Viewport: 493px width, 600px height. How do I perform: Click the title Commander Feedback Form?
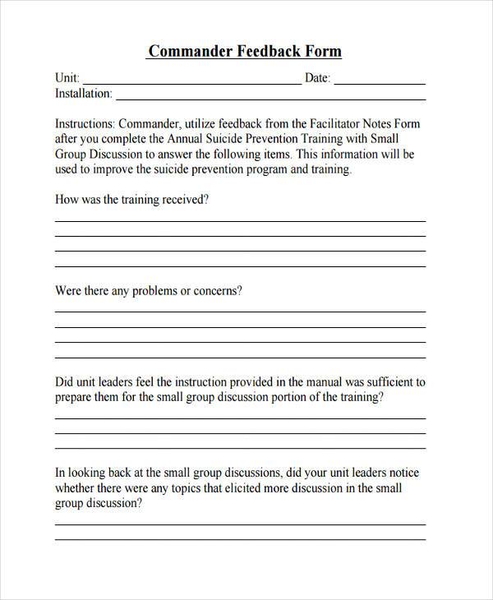tap(244, 51)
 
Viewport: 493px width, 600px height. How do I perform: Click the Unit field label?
tap(66, 78)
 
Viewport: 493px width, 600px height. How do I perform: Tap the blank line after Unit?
tap(191, 82)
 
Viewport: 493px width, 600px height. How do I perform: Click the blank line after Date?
tap(380, 82)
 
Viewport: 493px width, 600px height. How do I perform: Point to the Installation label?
tap(83, 94)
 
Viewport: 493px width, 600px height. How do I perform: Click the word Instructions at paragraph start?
tap(85, 124)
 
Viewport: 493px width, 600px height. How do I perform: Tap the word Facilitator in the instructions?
tap(329, 124)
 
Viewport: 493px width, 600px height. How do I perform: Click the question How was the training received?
tap(131, 200)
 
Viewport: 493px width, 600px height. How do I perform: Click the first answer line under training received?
tap(240, 221)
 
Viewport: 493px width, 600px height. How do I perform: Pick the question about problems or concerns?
tap(148, 291)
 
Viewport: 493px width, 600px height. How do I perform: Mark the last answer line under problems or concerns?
tap(240, 358)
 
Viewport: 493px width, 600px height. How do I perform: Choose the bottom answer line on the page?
tap(240, 539)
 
